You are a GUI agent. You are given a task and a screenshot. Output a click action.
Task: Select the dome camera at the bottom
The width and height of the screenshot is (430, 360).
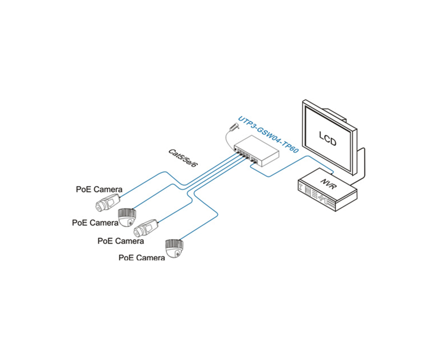coord(175,248)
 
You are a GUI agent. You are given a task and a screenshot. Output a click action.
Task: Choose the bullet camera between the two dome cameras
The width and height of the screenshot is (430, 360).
coord(147,227)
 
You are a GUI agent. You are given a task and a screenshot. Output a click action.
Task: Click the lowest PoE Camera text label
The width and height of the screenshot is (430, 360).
coord(141,257)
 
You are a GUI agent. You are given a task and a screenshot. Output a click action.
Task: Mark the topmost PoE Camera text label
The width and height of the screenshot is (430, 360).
coord(99,189)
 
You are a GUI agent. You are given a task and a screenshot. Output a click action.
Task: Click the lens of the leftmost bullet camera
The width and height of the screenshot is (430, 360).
coord(99,205)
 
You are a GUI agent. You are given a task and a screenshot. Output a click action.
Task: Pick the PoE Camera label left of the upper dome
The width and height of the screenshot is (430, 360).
coord(94,222)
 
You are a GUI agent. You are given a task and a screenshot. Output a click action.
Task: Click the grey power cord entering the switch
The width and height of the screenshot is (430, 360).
coord(228,140)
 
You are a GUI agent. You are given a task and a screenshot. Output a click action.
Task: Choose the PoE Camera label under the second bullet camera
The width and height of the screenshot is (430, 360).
coord(120,240)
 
